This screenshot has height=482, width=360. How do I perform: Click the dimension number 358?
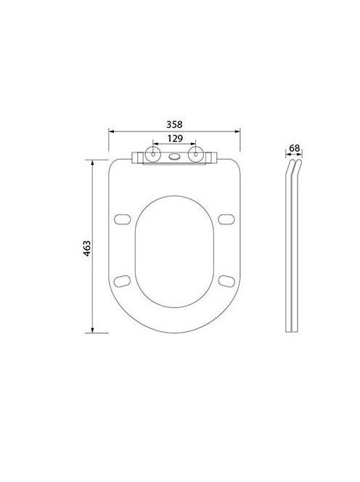pos(174,125)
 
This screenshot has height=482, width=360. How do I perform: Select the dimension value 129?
pos(175,139)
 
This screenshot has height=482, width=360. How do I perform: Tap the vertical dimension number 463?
pos(87,248)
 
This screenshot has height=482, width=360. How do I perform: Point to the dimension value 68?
pos(294,148)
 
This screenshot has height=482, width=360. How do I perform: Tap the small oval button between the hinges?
pos(174,157)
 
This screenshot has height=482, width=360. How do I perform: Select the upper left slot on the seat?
pos(123,219)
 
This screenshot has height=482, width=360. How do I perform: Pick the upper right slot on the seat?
pos(226,219)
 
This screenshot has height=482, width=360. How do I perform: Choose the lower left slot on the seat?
pos(123,281)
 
